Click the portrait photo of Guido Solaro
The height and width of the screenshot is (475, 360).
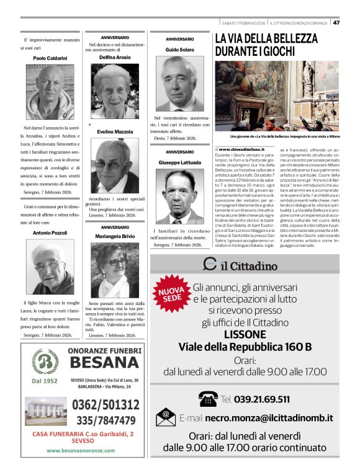point(179,83)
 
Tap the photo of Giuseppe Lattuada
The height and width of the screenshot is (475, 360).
point(179,196)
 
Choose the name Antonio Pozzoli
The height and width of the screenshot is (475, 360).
point(50,233)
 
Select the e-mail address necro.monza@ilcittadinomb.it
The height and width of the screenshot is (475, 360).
point(269,419)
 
